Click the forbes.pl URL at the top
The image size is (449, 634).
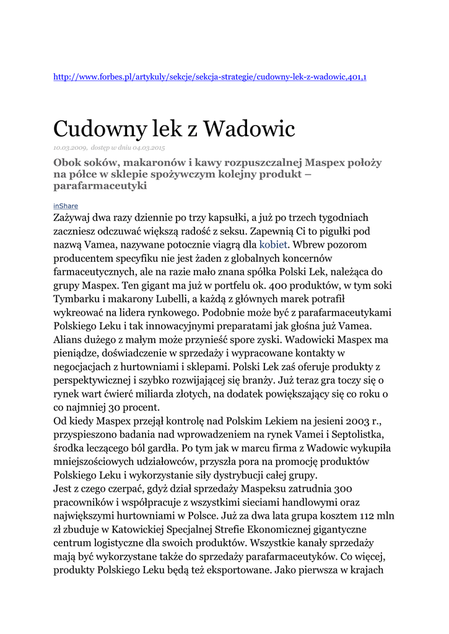(210, 77)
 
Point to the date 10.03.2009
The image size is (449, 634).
(70, 147)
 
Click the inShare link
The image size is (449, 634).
(66, 206)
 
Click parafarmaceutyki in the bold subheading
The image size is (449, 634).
(100, 185)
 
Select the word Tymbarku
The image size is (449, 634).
(78, 298)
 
